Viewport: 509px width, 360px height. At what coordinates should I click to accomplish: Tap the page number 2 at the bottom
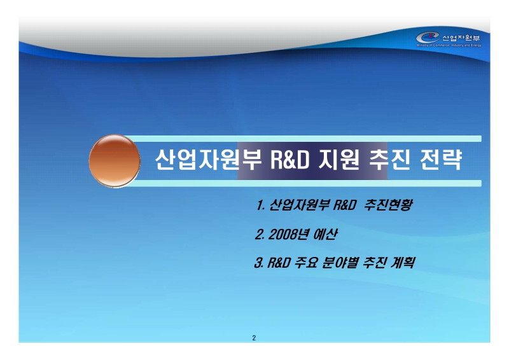(x=254, y=337)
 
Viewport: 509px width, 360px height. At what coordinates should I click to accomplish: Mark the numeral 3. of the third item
(x=258, y=261)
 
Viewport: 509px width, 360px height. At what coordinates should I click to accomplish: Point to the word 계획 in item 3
(x=401, y=261)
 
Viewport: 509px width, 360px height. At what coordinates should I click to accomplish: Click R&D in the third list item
(x=279, y=261)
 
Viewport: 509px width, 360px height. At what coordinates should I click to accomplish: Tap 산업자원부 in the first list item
(x=295, y=206)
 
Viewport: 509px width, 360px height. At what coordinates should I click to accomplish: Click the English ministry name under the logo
(x=449, y=46)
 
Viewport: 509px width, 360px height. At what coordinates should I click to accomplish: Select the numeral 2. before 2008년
(x=259, y=234)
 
